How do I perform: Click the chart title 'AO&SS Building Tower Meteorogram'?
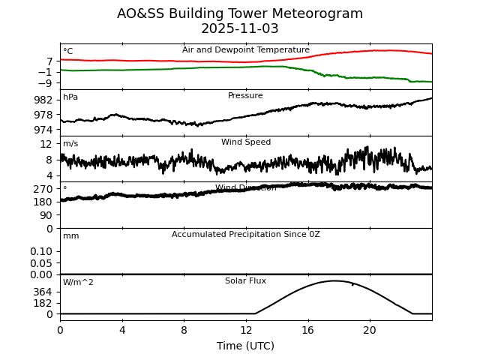pos(240,13)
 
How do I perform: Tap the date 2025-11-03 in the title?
pos(240,29)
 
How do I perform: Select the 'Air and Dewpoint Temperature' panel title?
pos(246,50)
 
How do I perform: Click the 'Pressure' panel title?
pos(246,96)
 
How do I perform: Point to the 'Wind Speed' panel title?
pos(246,142)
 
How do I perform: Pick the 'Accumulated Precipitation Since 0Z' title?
pos(246,235)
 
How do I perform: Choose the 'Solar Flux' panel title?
pos(246,281)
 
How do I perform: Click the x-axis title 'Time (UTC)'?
pos(246,346)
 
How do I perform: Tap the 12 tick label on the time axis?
pos(246,330)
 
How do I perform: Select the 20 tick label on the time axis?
pos(370,330)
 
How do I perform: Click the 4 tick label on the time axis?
pos(122,330)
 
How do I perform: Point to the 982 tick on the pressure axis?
pos(43,100)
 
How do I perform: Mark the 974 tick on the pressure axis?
pos(43,130)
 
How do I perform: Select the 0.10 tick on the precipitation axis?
pos(42,251)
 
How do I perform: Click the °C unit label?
pos(68,52)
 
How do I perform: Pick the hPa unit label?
pos(70,97)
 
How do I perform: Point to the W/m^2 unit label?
pos(78,283)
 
